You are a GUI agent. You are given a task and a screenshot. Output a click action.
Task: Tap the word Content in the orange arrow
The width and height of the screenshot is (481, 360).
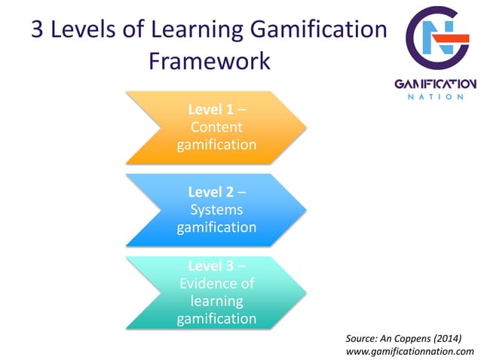coord(216,127)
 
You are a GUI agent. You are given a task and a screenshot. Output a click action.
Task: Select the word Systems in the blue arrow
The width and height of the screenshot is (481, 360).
coord(216,209)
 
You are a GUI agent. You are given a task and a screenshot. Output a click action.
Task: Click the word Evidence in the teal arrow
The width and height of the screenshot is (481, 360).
coord(216,284)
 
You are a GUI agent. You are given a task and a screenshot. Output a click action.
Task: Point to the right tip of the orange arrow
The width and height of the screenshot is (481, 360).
coord(306,127)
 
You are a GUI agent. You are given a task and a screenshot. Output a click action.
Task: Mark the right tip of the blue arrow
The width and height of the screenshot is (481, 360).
coord(306,209)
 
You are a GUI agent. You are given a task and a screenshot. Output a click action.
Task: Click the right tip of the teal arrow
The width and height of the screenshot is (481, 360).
coord(306,292)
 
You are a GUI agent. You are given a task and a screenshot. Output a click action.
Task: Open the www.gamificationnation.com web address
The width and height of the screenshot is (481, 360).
coord(409,351)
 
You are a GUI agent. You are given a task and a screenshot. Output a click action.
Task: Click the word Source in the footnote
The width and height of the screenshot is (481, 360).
coord(361,337)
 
